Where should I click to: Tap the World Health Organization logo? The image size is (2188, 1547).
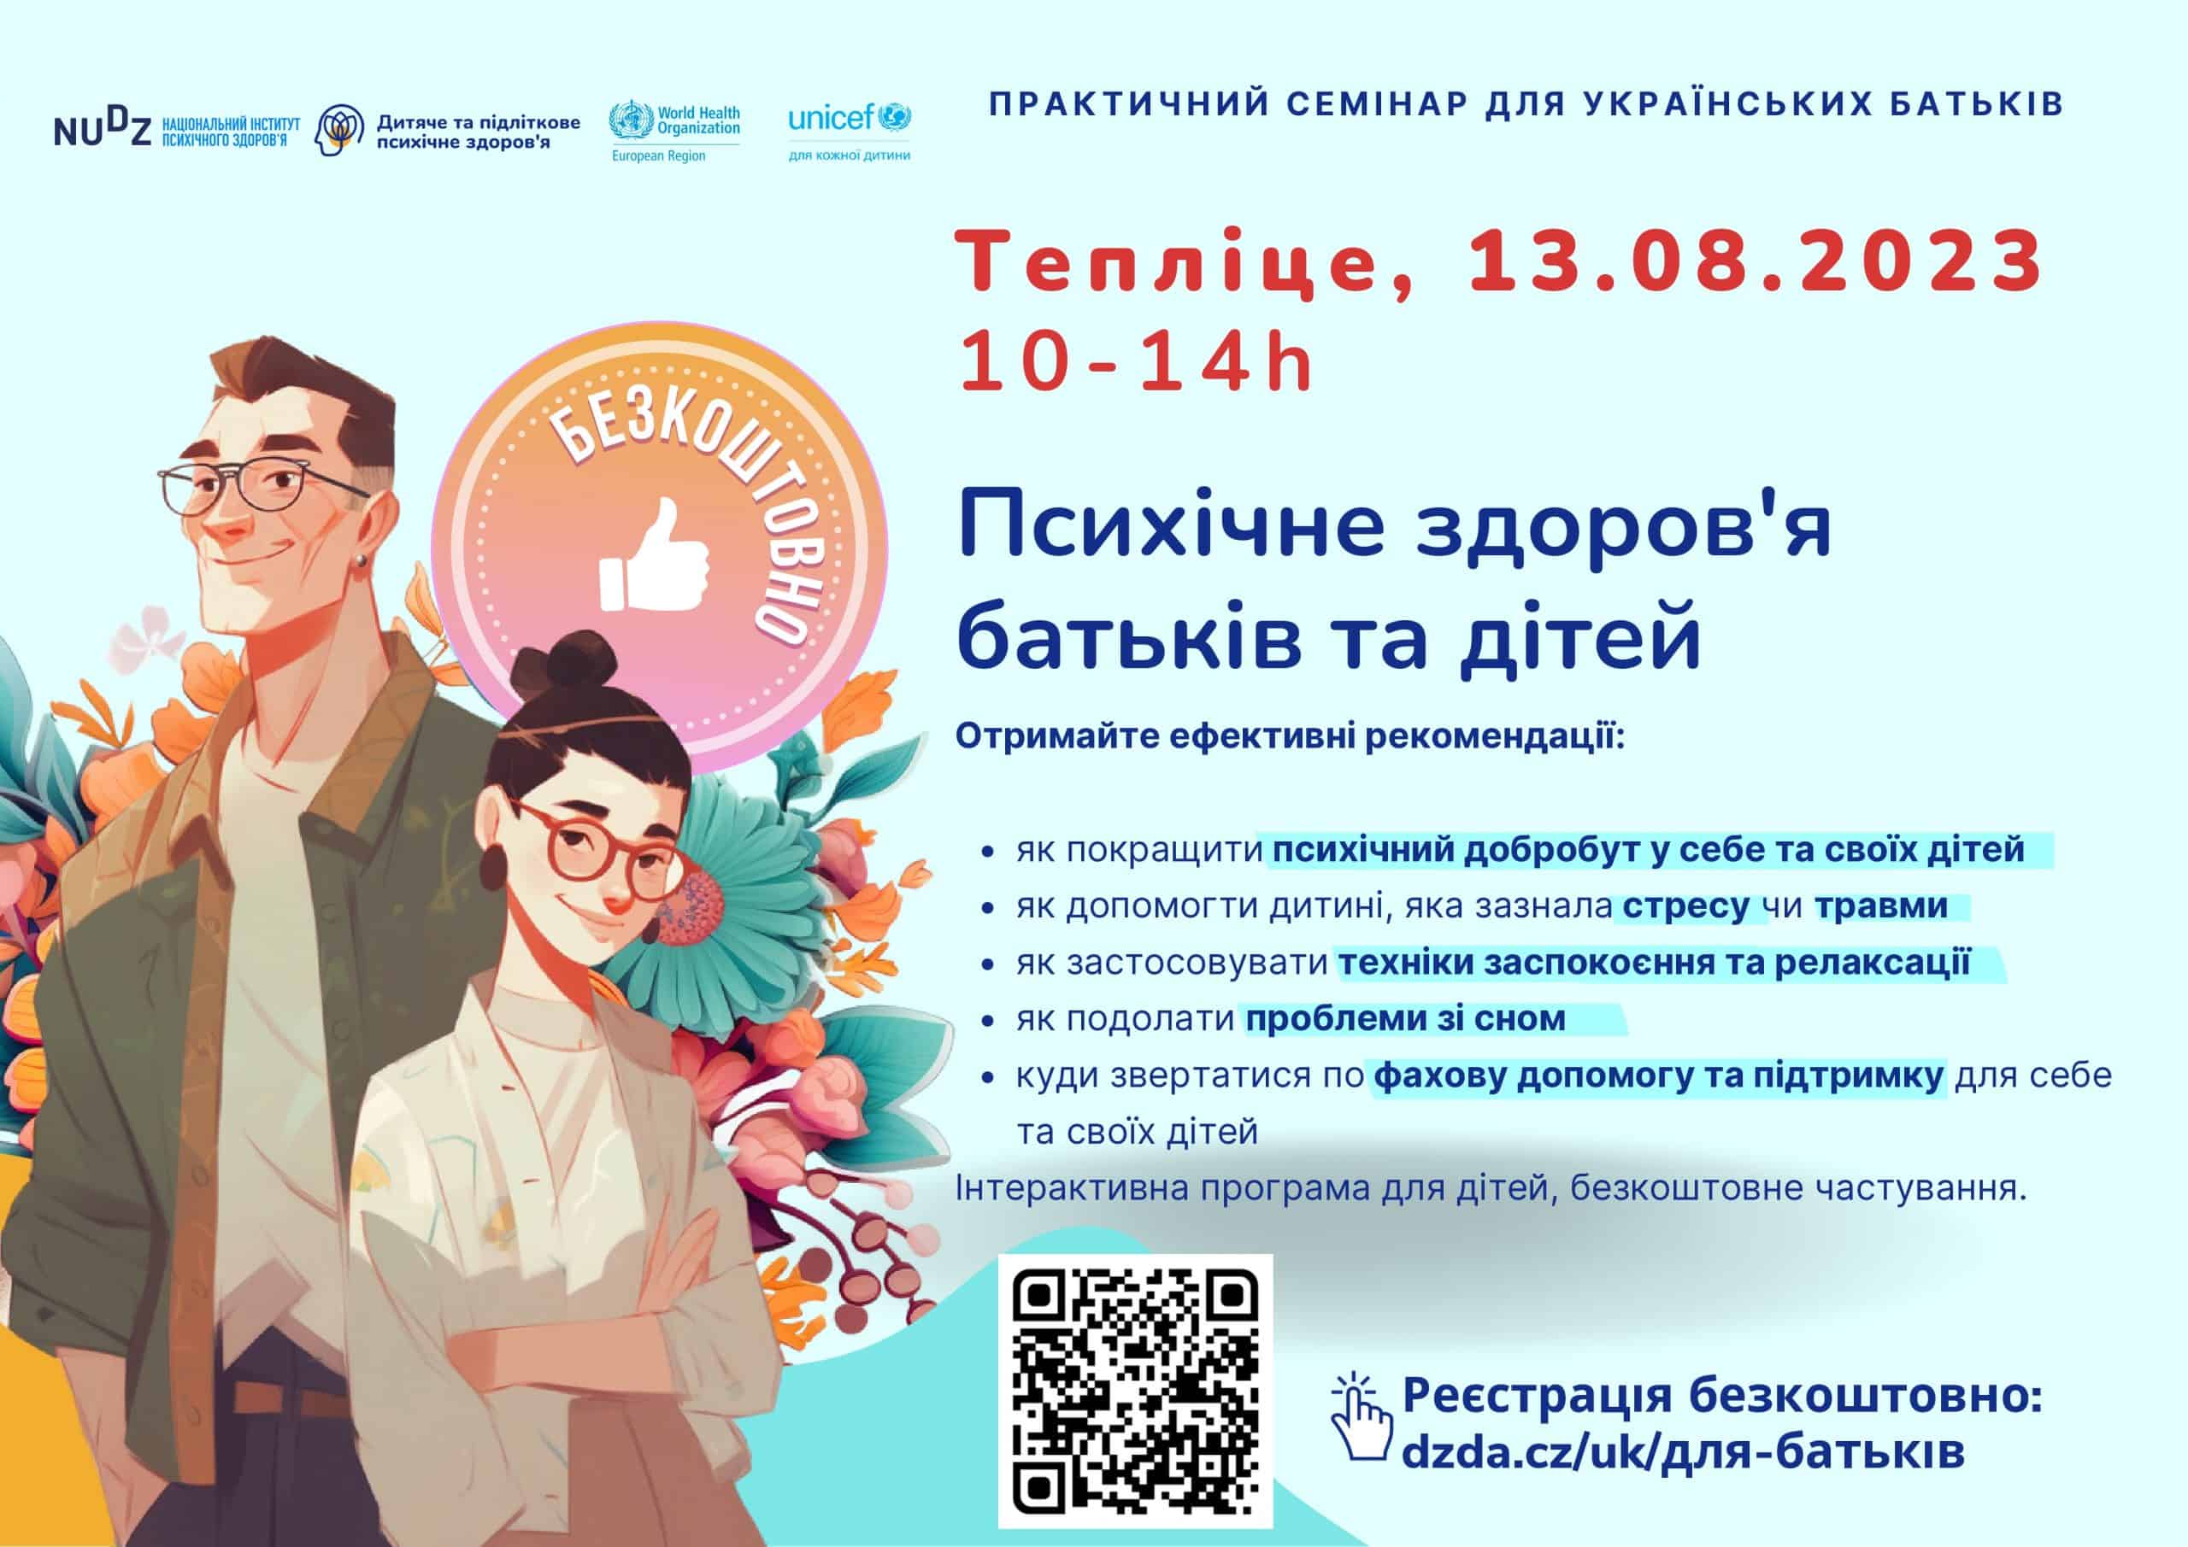(674, 132)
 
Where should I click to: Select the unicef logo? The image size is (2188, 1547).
(849, 132)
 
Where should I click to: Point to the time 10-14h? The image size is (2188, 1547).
(1137, 361)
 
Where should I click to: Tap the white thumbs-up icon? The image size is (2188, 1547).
(655, 554)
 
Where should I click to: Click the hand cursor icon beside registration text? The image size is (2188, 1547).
(1361, 1416)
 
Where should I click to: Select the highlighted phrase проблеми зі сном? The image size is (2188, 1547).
(1406, 1019)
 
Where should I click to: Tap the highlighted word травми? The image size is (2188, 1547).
(1881, 905)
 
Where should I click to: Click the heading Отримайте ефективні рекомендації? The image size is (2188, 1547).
(1291, 737)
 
